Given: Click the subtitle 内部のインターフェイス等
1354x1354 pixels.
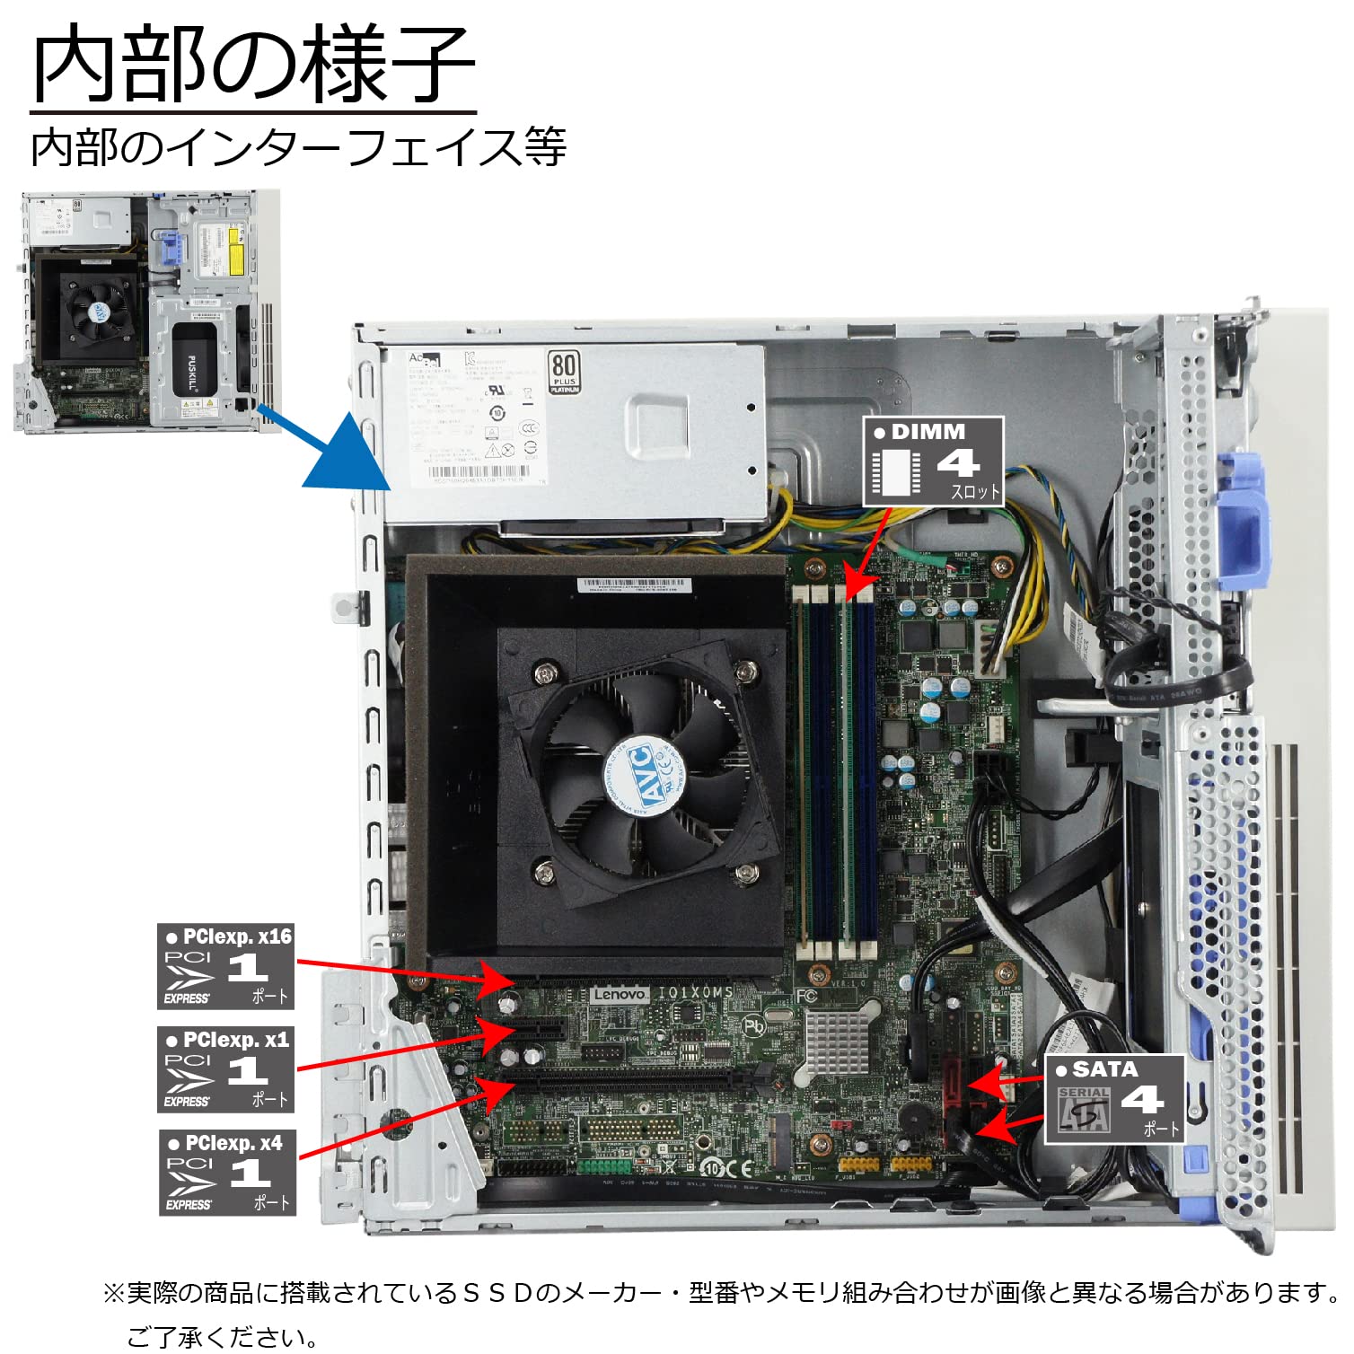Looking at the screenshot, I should (298, 147).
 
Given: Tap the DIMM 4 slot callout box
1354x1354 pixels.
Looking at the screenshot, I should (933, 462).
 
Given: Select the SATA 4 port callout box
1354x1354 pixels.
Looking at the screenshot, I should (1114, 1099).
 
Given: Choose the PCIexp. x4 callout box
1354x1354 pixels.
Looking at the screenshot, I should (227, 1173).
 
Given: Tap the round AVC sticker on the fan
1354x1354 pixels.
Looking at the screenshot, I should (646, 775).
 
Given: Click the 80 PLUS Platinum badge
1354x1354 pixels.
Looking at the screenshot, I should (564, 372).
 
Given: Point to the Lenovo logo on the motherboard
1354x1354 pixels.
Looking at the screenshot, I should (620, 994).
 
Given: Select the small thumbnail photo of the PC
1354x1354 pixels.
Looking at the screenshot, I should (146, 311).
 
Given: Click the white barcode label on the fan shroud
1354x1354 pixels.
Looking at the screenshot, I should (634, 585).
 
